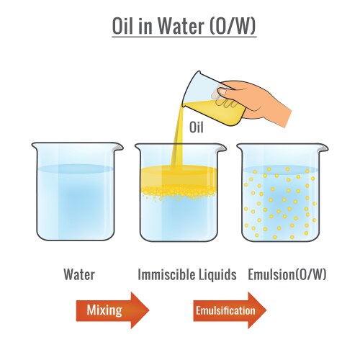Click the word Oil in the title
(x=125, y=25)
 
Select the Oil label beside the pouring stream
(x=198, y=127)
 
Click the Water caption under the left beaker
(x=79, y=274)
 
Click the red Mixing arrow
(x=112, y=310)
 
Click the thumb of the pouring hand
(x=232, y=90)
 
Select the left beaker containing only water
(x=74, y=194)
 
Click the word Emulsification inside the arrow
(x=224, y=311)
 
